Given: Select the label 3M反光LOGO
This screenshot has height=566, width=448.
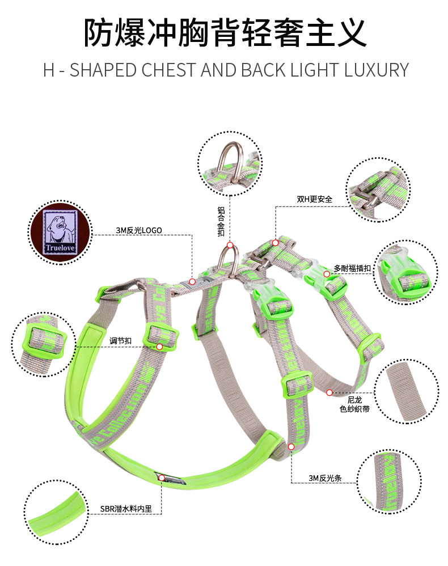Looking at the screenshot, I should (139, 230).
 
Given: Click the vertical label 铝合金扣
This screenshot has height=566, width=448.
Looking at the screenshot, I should (221, 222).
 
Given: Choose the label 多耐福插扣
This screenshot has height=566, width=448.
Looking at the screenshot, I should (352, 268).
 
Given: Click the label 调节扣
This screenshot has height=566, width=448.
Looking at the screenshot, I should (120, 341).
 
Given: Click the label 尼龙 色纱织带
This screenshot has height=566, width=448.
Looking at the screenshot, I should (354, 404).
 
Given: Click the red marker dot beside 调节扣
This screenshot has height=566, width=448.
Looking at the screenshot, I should (159, 347).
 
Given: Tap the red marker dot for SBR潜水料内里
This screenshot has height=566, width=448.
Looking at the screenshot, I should (162, 478).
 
